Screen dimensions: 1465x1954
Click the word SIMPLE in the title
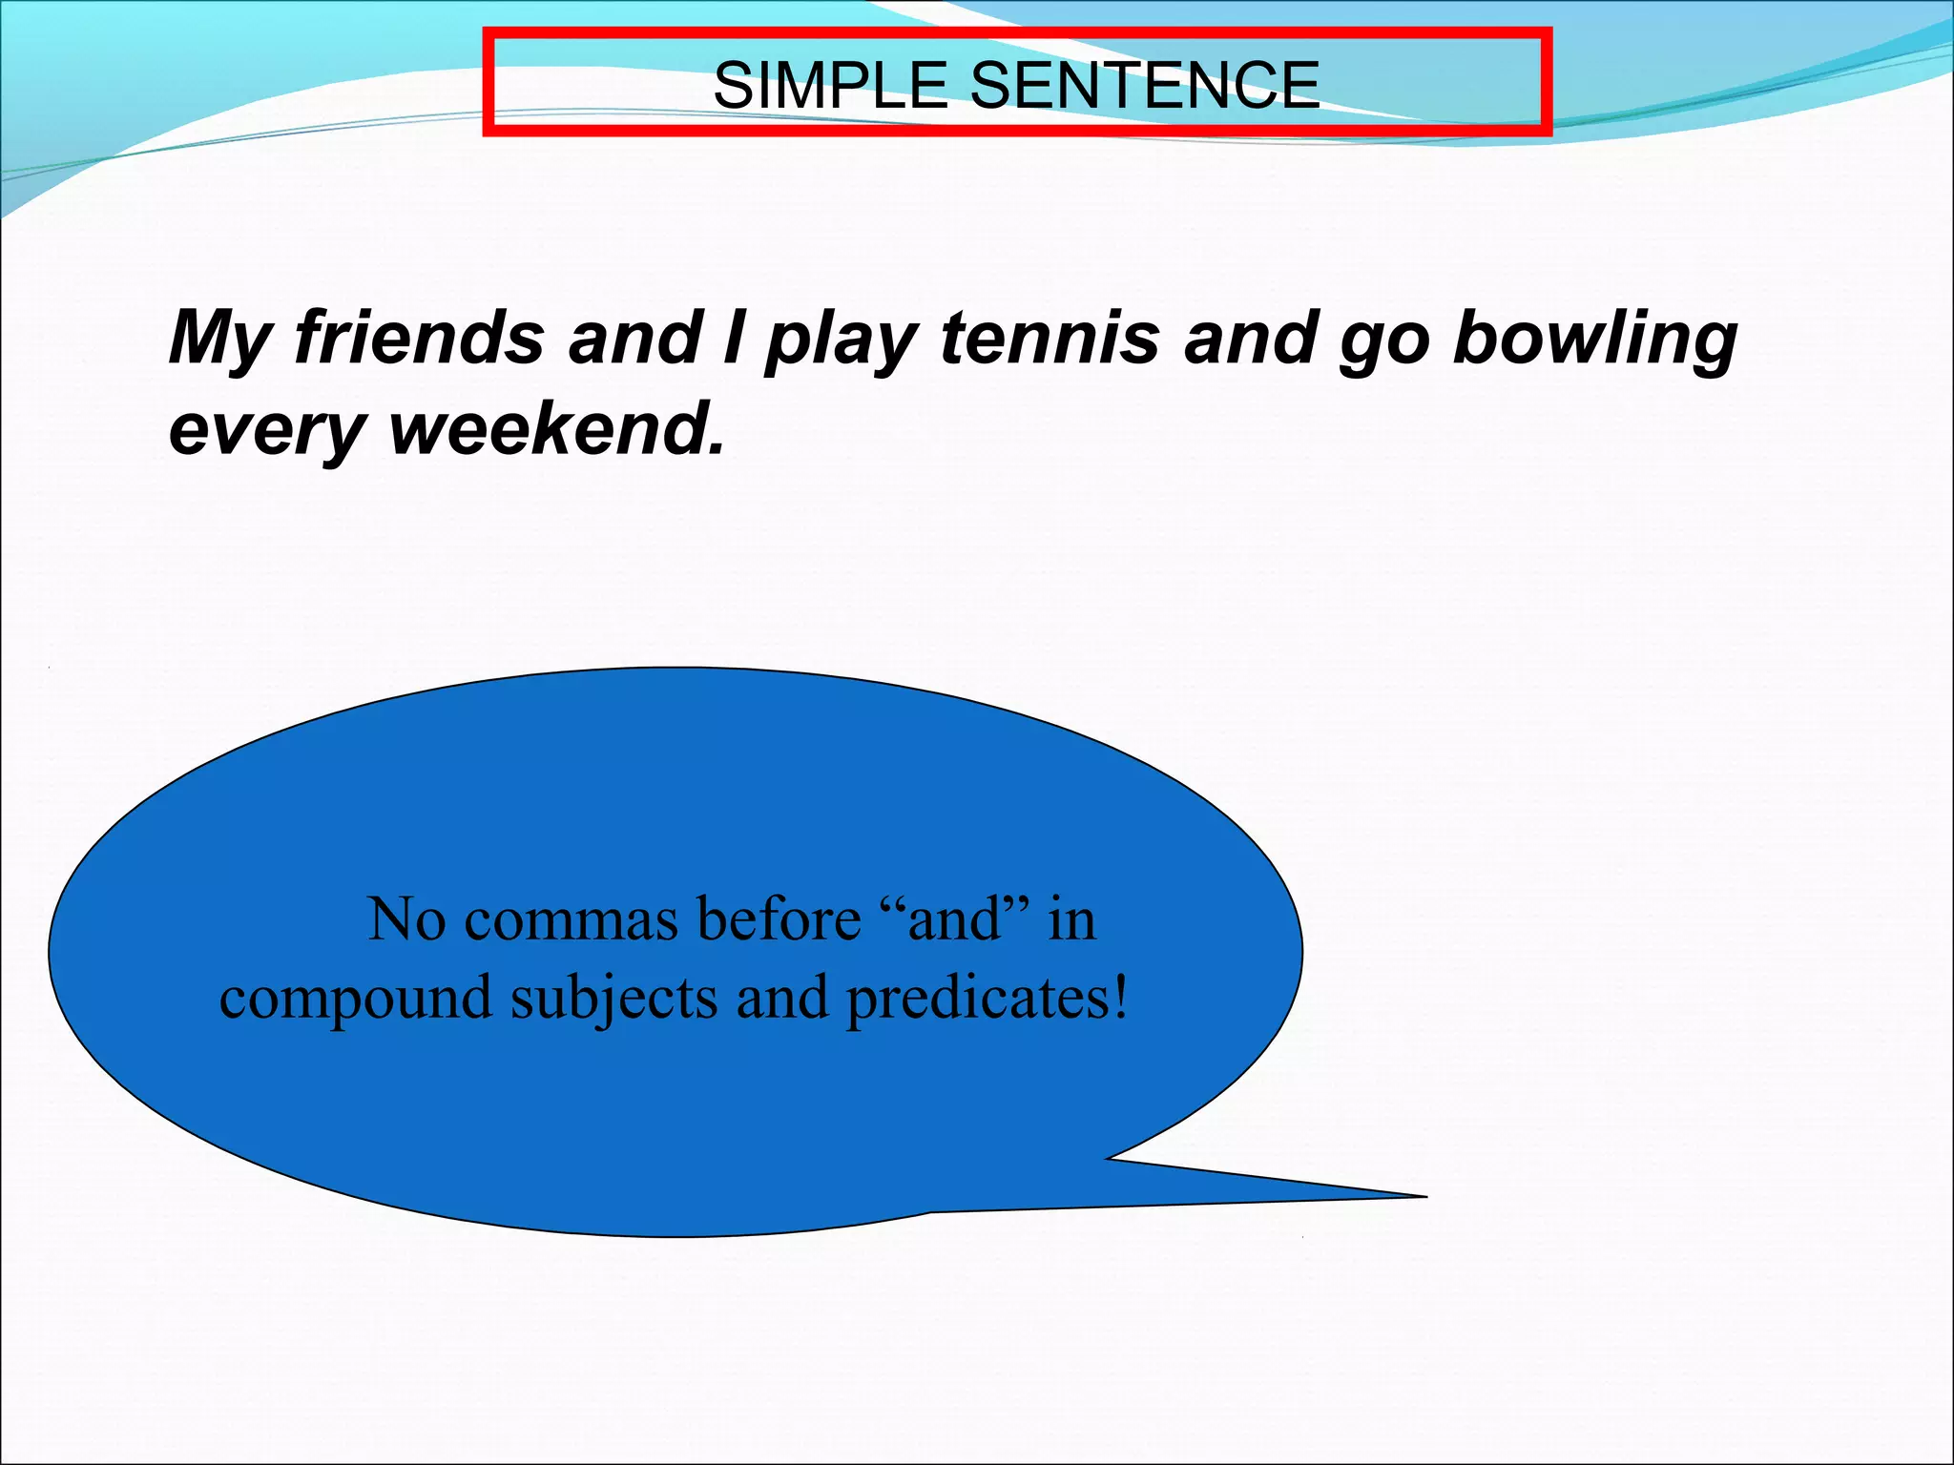pyautogui.click(x=829, y=85)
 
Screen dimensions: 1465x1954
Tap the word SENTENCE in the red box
pyautogui.click(x=1144, y=85)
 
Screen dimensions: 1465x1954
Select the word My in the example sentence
pyautogui.click(x=218, y=340)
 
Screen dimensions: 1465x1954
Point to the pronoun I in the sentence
pyautogui.click(x=733, y=338)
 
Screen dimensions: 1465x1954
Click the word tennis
pyautogui.click(x=1050, y=338)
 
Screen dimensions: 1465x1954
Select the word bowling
pyautogui.click(x=1594, y=340)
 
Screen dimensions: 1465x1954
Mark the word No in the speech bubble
pyautogui.click(x=406, y=919)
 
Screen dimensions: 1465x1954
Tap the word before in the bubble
pyautogui.click(x=778, y=919)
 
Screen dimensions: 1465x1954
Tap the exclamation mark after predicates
pyautogui.click(x=1119, y=998)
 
